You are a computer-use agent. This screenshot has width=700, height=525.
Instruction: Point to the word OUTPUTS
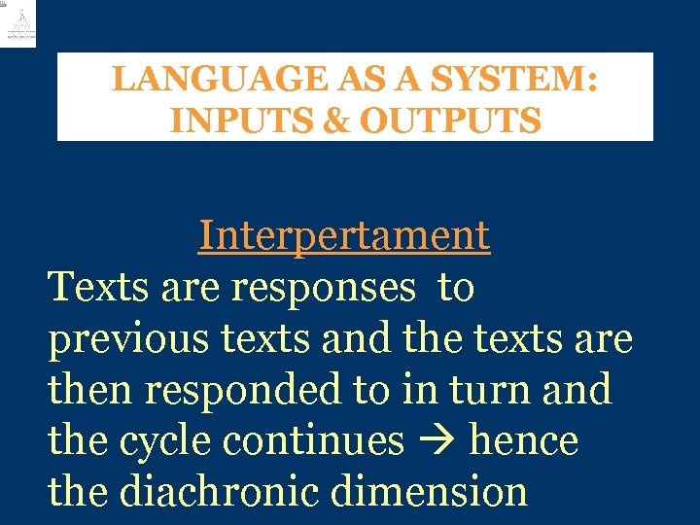point(450,122)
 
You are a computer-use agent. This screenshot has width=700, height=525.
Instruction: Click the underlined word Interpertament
point(344,235)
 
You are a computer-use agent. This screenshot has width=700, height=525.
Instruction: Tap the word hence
point(524,441)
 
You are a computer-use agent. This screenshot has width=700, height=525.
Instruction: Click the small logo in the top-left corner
point(19,23)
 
